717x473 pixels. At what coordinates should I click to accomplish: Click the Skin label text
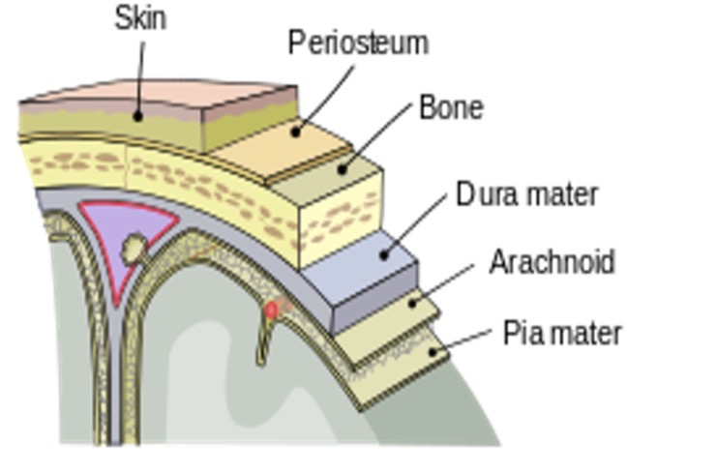140,18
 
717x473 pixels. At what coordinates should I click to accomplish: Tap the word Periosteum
358,43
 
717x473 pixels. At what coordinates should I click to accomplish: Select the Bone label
451,108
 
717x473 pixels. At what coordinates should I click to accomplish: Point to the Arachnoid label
552,262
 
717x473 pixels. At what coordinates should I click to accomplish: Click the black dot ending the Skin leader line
138,116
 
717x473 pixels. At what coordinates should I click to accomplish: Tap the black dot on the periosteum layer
296,133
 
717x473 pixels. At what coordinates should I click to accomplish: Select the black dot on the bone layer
343,169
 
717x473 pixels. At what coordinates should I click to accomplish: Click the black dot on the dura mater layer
384,255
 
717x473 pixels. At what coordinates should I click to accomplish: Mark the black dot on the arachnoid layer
413,303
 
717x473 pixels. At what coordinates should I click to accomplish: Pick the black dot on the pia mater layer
433,351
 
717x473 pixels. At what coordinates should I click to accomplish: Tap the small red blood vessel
271,310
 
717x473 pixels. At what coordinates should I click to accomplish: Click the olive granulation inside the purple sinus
134,249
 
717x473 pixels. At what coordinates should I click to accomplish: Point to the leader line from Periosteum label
325,99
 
